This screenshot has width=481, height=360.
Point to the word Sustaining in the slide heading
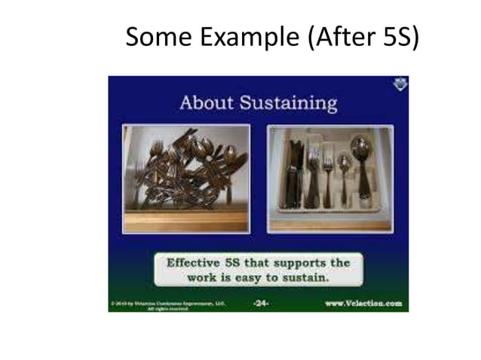coord(288,102)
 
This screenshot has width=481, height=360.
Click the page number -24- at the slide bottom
coord(260,304)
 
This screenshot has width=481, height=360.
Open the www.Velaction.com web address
coord(363,304)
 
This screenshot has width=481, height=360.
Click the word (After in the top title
coord(336,36)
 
